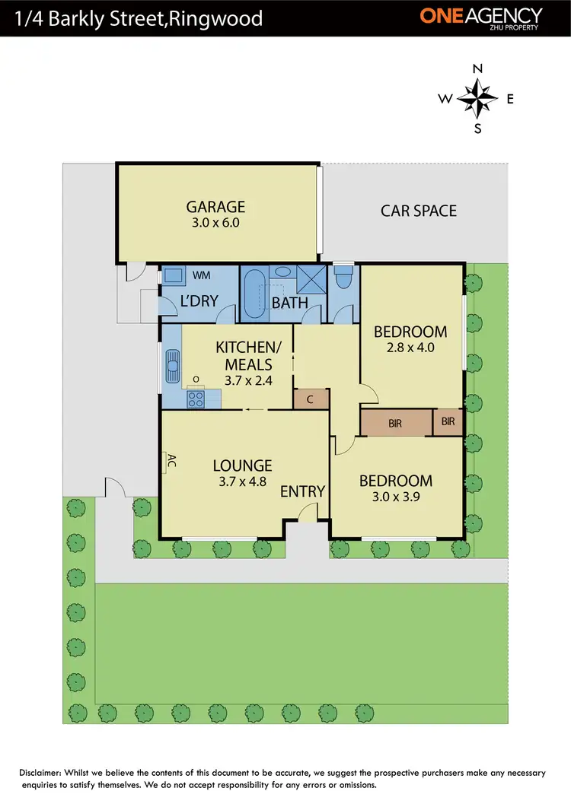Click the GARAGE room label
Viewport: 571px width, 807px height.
(216, 206)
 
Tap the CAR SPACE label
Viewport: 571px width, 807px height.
(419, 211)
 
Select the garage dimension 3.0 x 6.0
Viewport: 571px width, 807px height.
(216, 224)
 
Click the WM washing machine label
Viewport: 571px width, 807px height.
(202, 275)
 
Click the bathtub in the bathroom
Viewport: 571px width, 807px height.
(254, 293)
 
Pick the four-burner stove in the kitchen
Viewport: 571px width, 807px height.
(196, 398)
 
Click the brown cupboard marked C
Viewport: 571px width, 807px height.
(311, 399)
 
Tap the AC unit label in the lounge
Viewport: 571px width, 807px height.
(171, 460)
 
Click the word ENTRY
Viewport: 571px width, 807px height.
(302, 491)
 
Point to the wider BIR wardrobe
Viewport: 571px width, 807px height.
(395, 423)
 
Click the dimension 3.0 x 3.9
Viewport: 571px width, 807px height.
(395, 499)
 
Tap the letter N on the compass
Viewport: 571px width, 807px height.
(478, 68)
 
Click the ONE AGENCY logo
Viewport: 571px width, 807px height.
(481, 17)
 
